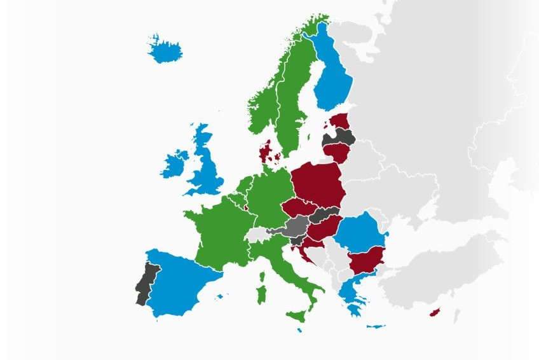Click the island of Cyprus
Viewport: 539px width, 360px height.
[435, 312]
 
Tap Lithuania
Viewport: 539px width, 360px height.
[338, 152]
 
